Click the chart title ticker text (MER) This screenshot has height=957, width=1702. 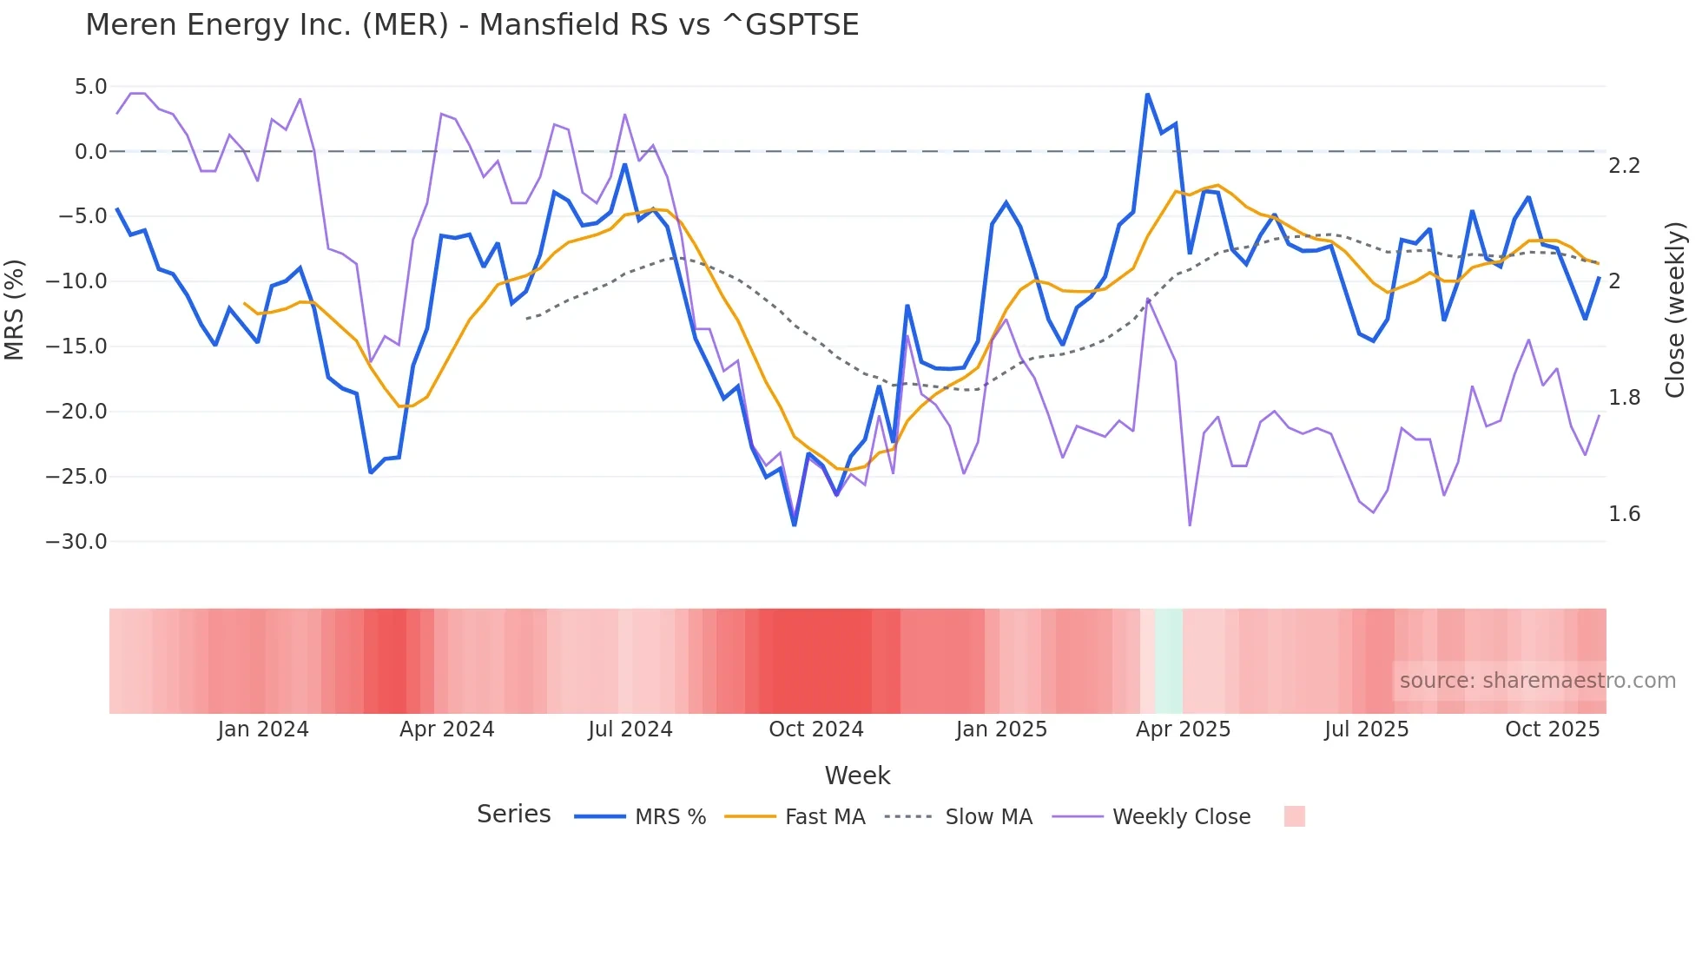[x=406, y=25]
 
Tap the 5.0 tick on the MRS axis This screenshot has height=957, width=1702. [x=90, y=87]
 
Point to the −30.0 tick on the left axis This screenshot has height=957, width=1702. [x=76, y=542]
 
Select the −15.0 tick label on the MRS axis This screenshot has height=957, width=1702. [x=76, y=346]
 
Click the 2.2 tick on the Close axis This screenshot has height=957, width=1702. [x=1624, y=166]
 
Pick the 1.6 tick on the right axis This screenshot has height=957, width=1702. [x=1624, y=514]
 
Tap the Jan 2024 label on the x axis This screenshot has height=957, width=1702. [x=262, y=729]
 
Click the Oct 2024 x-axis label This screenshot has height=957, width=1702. [x=815, y=729]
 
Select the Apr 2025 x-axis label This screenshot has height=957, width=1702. [x=1183, y=729]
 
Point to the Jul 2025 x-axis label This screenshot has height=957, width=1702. [x=1366, y=729]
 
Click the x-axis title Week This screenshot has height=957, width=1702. [x=857, y=775]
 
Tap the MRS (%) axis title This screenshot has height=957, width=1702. [x=15, y=309]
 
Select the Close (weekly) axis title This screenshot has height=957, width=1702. [x=1675, y=310]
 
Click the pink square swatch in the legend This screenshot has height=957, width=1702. [x=1294, y=816]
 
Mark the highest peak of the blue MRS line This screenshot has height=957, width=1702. [x=1147, y=95]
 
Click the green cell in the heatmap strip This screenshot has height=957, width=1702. [x=1169, y=661]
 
